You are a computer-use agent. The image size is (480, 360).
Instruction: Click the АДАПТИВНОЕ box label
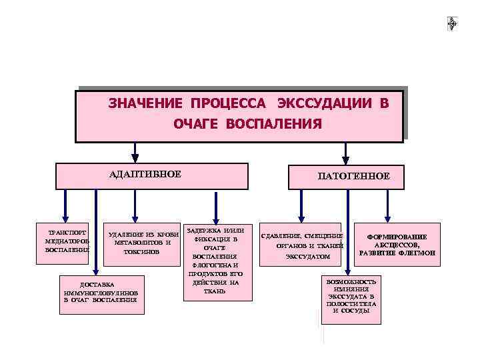pos(145,174)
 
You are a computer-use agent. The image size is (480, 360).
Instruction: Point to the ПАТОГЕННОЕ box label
pos(353,176)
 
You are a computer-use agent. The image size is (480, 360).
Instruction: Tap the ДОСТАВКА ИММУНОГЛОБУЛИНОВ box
pos(100,291)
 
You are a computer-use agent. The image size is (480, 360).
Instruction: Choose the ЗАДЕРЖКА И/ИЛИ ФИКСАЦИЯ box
pos(215,261)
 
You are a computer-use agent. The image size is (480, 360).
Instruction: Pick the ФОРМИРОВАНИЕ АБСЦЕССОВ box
pos(397,245)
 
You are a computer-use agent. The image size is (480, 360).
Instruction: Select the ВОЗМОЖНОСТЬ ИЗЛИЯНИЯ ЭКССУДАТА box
pos(351,296)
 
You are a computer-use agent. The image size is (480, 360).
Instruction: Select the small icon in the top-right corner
pos(452,23)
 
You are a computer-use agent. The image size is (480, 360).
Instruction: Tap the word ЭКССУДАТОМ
pos(307,257)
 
